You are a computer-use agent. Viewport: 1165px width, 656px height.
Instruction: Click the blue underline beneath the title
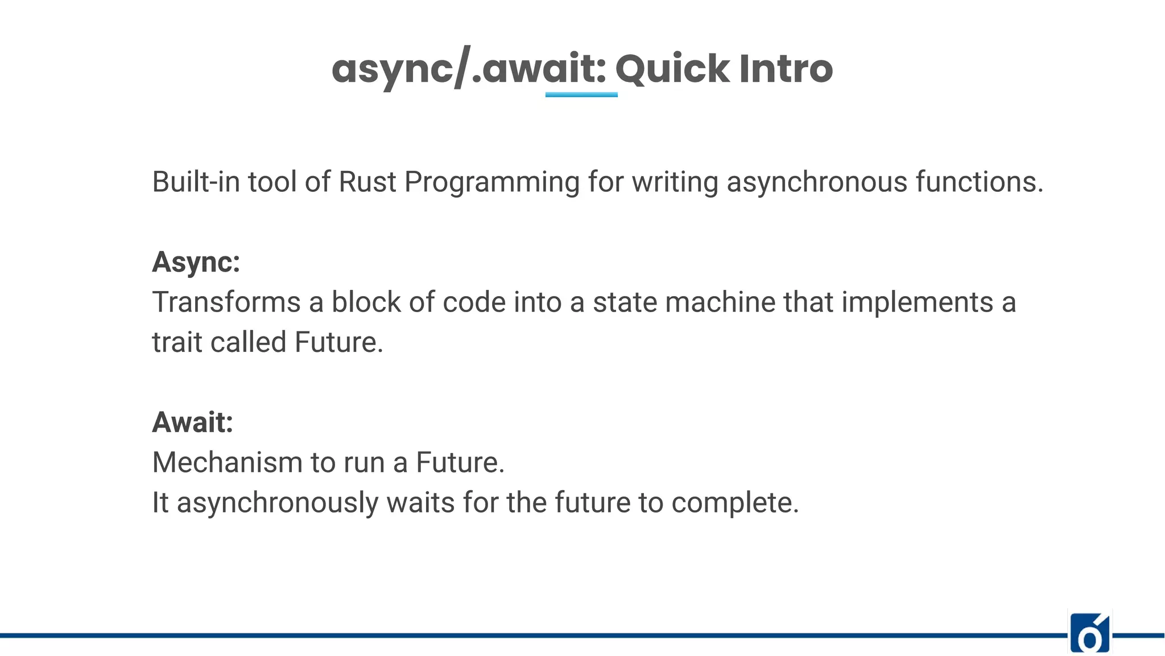[581, 95]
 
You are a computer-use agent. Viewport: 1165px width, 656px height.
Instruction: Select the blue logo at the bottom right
[1089, 633]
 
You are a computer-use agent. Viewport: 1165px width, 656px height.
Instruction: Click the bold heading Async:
[196, 263]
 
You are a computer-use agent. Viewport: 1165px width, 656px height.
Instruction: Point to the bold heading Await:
[193, 423]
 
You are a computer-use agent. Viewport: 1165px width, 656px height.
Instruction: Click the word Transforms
[226, 302]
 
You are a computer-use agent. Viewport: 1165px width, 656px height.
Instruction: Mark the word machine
[720, 302]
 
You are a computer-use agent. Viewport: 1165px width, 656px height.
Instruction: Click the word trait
[177, 343]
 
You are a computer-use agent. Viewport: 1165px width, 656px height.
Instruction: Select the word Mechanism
[227, 462]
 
